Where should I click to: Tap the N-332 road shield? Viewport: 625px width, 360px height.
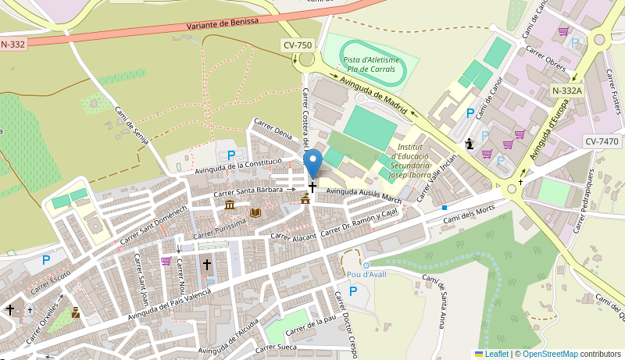click(13, 44)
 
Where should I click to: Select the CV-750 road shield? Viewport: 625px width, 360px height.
click(298, 45)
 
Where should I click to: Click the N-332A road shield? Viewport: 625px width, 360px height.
click(566, 91)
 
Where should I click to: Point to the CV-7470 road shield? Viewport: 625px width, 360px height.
click(602, 141)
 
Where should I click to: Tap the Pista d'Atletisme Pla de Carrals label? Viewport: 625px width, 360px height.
click(371, 64)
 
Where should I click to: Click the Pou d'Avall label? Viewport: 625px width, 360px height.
click(366, 274)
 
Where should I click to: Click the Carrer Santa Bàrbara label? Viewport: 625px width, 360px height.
click(248, 191)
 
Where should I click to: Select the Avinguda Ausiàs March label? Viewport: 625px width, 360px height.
click(364, 195)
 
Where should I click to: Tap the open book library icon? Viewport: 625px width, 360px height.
click(255, 212)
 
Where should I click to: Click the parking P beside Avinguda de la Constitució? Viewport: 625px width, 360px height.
click(230, 155)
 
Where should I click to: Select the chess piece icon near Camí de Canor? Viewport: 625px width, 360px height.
click(469, 144)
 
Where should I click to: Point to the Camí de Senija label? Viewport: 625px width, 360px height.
click(131, 125)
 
